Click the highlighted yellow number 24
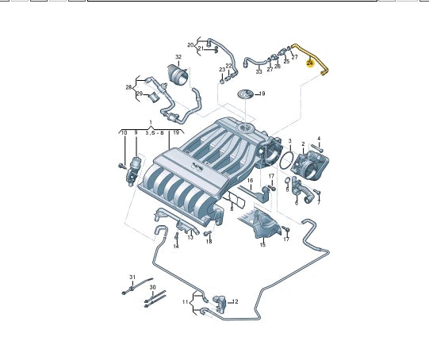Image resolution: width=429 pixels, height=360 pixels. pos(311,62)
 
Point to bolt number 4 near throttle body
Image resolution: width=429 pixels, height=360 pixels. pos(316,147)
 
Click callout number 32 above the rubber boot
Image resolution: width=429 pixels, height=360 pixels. pos(178,58)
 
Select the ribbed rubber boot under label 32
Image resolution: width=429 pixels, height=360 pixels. pos(178,77)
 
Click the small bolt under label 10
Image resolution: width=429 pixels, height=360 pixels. pos(121,166)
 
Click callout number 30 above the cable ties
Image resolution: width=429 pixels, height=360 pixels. pos(153,287)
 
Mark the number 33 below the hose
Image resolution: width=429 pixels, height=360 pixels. pos(259,72)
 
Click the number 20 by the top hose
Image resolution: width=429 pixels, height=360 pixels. pos(190,44)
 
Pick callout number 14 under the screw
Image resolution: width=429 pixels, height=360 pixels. pos(176,247)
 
